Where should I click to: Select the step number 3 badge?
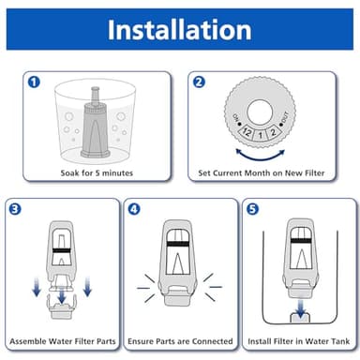pyautogui.click(x=16, y=208)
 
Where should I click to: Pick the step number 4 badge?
pyautogui.click(x=134, y=208)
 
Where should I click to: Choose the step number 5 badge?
pyautogui.click(x=251, y=208)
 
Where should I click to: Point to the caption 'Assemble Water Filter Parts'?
pyautogui.click(x=63, y=338)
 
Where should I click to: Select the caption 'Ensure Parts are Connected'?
pyautogui.click(x=180, y=338)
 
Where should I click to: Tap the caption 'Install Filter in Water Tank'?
pyautogui.click(x=298, y=338)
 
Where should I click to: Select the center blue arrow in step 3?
pyautogui.click(x=62, y=297)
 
